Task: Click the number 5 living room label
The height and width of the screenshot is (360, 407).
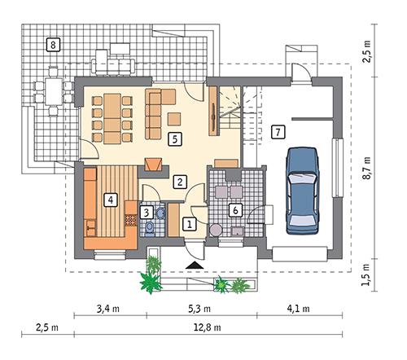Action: pyautogui.click(x=174, y=139)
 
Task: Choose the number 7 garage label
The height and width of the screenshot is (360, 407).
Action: pyautogui.click(x=278, y=131)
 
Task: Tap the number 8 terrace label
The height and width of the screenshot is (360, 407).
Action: pyautogui.click(x=53, y=44)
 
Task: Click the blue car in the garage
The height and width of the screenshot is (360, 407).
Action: pyautogui.click(x=303, y=186)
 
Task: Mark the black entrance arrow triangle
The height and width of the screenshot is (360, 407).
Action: pyautogui.click(x=193, y=265)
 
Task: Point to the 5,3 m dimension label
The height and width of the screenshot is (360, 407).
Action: pyautogui.click(x=203, y=310)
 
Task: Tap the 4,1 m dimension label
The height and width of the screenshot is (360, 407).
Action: pyautogui.click(x=295, y=310)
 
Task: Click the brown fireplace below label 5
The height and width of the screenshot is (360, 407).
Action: pyautogui.click(x=152, y=164)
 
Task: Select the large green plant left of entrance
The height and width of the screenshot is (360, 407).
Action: pyautogui.click(x=150, y=279)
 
